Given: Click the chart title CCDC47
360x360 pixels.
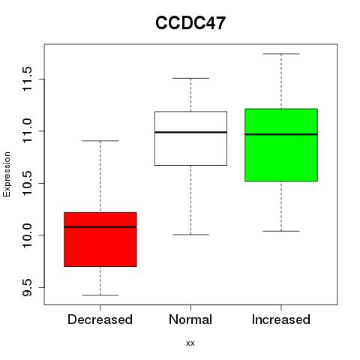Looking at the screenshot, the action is point(190,23).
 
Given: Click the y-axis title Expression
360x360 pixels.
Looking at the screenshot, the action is point(7,175).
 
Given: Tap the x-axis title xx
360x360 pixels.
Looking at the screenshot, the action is point(190,343).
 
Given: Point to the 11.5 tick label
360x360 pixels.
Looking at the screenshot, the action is point(27,79).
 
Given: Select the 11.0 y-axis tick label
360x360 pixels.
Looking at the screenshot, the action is point(27,131).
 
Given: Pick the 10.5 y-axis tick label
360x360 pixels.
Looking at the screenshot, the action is point(27,183).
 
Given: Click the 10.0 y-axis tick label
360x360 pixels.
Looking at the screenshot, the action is point(27,235).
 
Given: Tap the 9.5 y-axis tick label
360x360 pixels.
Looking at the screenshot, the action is point(27,287).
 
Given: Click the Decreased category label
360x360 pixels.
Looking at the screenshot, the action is point(100,319).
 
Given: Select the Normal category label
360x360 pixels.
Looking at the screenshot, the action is point(190,319).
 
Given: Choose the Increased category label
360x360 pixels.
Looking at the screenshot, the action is point(281,319).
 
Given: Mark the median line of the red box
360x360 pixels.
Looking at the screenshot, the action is point(100,227).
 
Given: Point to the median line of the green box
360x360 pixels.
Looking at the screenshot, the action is point(281,134).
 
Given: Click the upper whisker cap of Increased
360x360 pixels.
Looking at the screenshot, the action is point(281,54).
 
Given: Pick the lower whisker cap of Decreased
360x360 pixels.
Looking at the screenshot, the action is point(100,295).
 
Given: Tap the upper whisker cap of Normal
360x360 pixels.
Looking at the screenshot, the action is point(190,78).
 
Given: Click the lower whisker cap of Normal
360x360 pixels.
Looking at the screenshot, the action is point(190,235).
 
